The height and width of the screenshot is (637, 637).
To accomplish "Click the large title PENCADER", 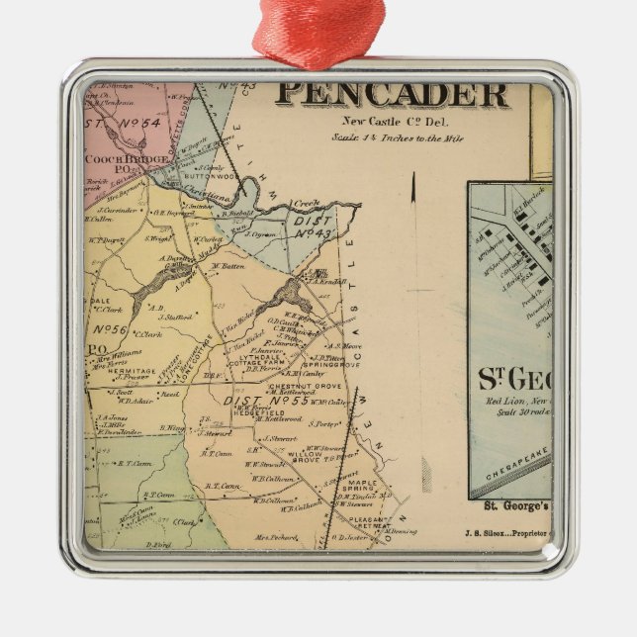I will pyautogui.click(x=391, y=95).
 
